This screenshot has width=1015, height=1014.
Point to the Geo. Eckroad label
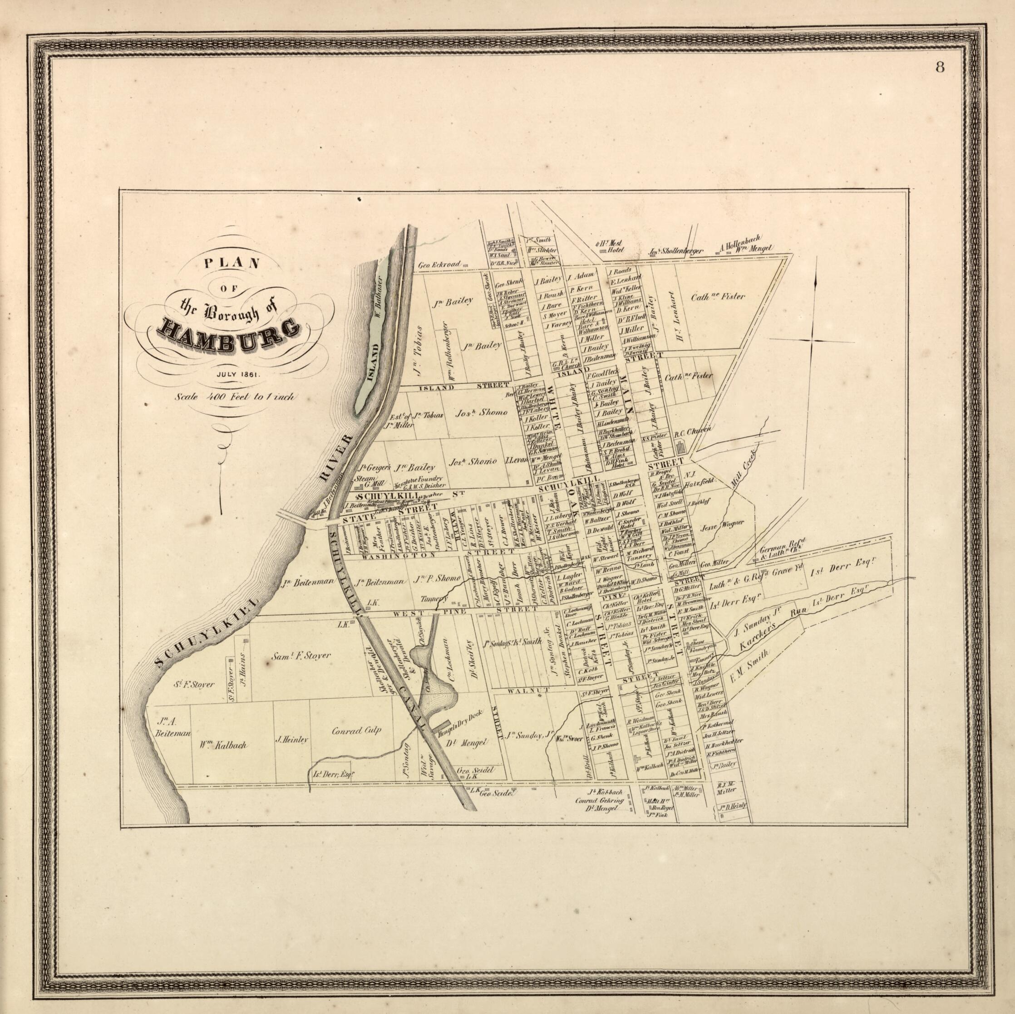click(439, 265)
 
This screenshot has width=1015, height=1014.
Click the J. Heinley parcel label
click(291, 739)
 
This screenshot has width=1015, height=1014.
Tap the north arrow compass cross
click(815, 342)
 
